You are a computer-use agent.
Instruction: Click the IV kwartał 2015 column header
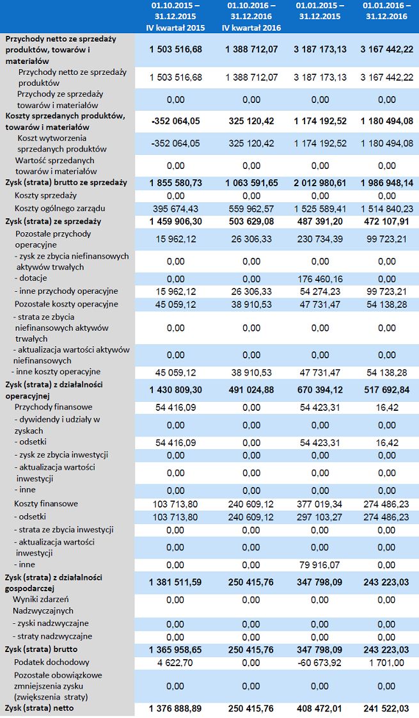click(x=175, y=17)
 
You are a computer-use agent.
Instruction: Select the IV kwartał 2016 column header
click(x=251, y=17)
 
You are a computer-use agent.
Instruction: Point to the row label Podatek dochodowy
click(x=52, y=662)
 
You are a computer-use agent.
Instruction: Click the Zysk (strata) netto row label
click(x=39, y=708)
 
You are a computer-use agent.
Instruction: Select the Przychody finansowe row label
click(x=53, y=407)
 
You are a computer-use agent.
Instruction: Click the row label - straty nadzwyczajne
click(x=53, y=636)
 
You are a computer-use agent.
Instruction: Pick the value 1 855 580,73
click(x=175, y=182)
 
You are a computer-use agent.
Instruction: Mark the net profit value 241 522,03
click(x=386, y=708)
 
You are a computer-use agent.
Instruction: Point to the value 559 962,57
click(x=251, y=209)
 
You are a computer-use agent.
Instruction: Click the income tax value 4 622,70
click(x=175, y=663)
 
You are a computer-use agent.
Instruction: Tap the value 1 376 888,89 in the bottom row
click(x=175, y=708)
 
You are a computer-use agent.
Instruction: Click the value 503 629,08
click(x=251, y=221)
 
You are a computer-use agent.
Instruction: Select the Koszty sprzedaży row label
click(x=45, y=195)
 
